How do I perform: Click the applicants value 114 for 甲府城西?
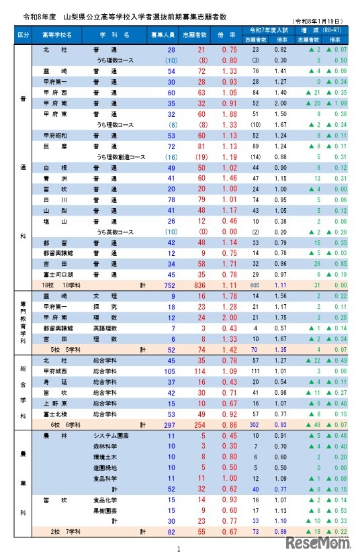point(199,371)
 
